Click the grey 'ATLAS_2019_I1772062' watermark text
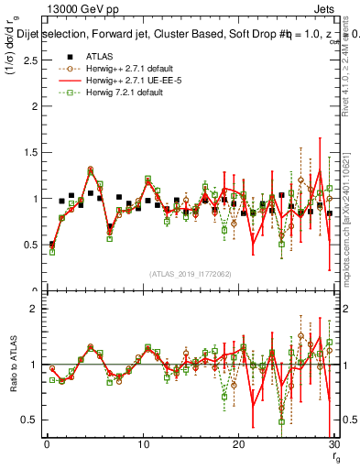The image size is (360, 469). pyautogui.click(x=190, y=273)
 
